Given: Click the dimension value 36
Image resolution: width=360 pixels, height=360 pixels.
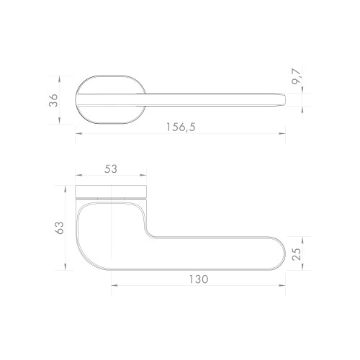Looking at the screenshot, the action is tap(53, 100).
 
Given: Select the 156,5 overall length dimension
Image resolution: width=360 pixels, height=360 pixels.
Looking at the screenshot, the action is tap(181, 127).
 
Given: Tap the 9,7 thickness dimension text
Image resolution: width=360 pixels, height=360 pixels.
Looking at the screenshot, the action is tap(297, 76).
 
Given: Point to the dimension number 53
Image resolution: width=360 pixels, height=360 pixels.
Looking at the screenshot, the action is tap(111, 169).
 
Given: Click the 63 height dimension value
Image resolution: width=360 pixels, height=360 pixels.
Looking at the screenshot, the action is tap(59, 228).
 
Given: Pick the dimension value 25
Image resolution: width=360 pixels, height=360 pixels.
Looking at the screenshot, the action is tap(297, 254).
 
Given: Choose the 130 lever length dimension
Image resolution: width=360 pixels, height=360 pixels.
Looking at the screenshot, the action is tap(199, 279).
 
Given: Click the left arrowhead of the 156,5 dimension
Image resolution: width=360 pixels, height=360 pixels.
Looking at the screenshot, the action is tap(79, 134).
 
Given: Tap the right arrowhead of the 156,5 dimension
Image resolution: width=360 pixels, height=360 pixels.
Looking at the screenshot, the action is tap(282, 134).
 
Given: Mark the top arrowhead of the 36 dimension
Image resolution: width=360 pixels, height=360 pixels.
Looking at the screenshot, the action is tap(60, 79).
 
